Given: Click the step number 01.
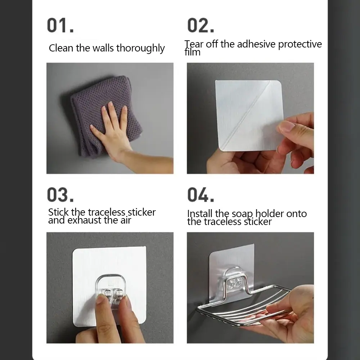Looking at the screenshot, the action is [60, 25].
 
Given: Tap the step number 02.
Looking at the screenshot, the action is [201, 25].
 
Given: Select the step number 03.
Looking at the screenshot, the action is [60, 195].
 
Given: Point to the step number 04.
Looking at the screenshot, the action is [201, 195].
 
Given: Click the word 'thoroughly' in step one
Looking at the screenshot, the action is [140, 49].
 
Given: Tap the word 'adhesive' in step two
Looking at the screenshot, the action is [256, 44].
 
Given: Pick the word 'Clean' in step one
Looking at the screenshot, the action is [61, 48].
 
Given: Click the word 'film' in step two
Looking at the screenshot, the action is [192, 52].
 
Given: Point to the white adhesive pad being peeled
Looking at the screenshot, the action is [249, 116].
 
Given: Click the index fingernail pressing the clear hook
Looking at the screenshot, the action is [100, 299].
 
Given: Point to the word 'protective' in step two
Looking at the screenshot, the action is [300, 44].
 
